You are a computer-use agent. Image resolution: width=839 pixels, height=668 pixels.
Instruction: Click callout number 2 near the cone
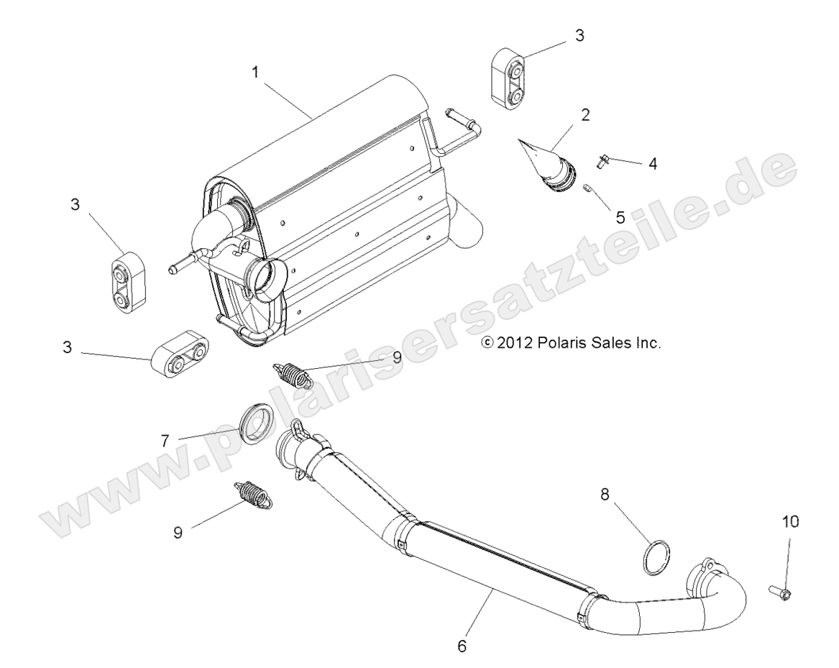click(586, 115)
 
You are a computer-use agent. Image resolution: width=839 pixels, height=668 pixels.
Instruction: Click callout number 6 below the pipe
click(462, 645)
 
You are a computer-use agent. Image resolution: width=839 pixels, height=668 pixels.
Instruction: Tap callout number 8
click(605, 494)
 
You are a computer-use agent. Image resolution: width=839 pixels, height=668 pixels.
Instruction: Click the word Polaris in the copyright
click(562, 343)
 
